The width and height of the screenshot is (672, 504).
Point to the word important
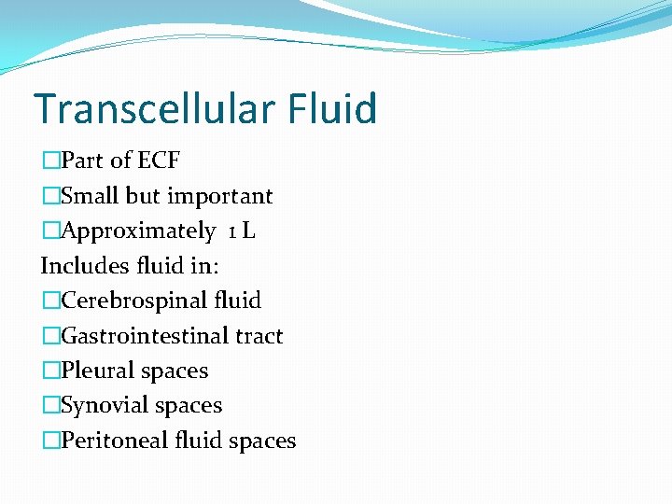[x=219, y=196]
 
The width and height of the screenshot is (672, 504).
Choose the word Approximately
[x=138, y=231]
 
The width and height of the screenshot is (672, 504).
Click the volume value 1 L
[x=241, y=231]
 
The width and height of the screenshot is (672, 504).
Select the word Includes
[x=78, y=266]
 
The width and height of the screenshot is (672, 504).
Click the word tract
[x=259, y=336]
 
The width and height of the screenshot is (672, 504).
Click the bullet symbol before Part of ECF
[x=50, y=161]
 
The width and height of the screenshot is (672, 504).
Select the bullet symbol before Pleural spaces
[x=50, y=371]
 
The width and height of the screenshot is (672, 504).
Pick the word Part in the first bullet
[x=82, y=161]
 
